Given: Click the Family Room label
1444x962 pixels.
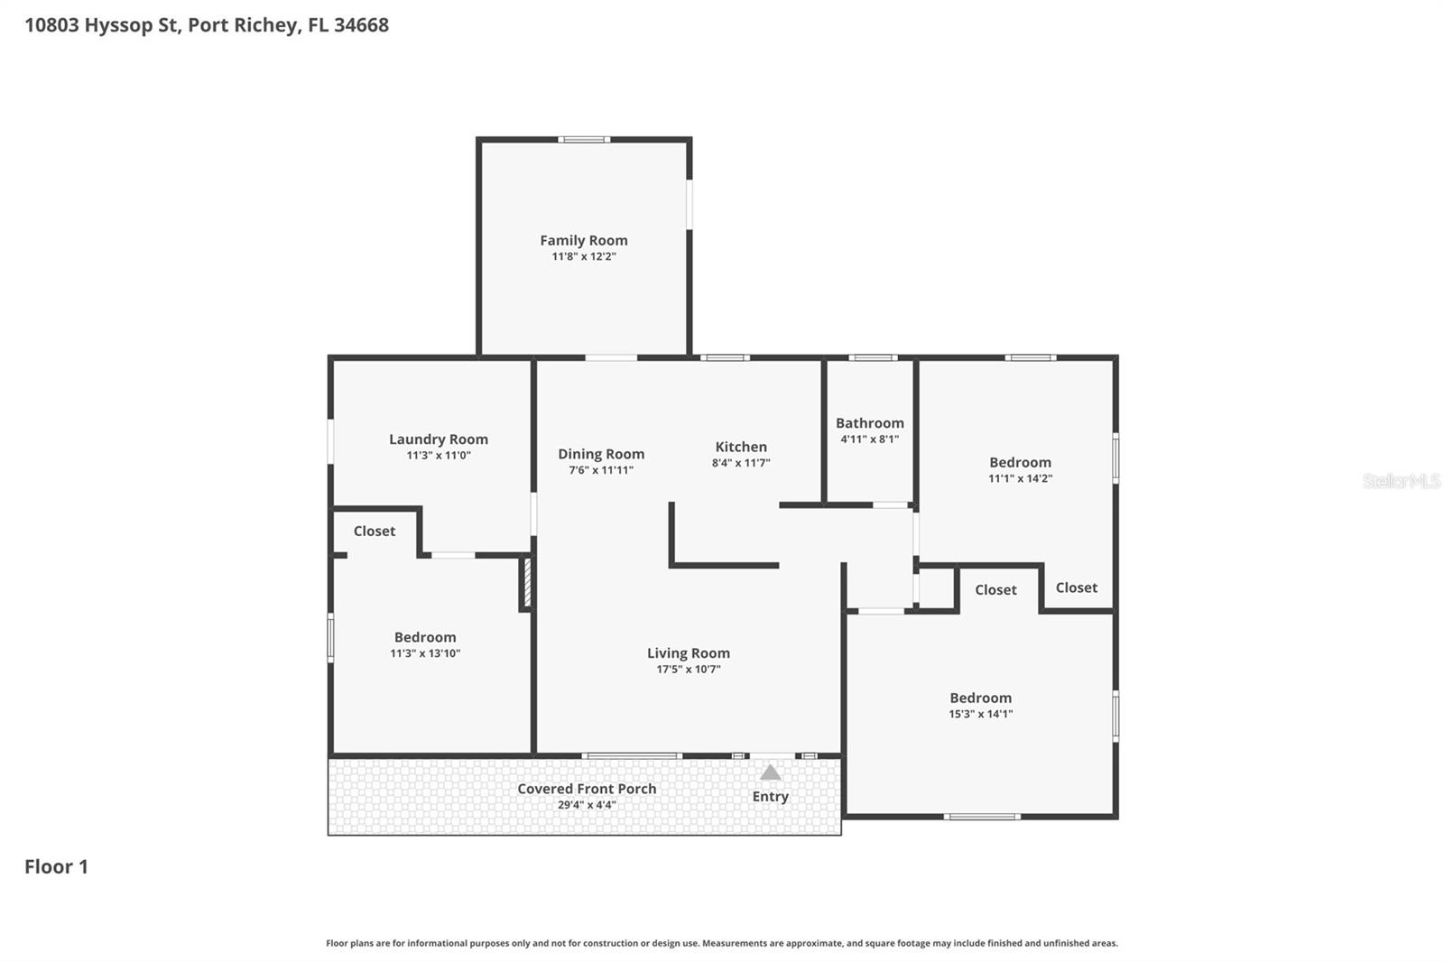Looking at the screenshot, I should coord(583,240).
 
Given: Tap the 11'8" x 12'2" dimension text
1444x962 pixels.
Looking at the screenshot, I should coord(583,256).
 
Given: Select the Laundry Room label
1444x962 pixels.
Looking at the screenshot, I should coord(438,439).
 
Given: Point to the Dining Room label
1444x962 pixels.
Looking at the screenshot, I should coord(600,454).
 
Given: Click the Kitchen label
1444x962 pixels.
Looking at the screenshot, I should coord(740,447).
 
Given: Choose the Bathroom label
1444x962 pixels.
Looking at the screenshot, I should coord(869,423).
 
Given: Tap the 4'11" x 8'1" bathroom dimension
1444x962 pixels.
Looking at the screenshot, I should coord(869,439).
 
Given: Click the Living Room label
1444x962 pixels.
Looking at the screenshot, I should coord(688,653).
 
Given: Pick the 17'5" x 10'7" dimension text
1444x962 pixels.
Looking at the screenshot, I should coord(688,670).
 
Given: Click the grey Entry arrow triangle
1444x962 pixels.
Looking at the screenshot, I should coord(770,773).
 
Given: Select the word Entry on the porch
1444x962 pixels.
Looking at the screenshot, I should coord(770,796).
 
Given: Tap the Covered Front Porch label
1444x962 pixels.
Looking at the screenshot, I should coord(587,789).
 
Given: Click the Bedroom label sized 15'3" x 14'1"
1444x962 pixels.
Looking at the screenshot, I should coord(980,698).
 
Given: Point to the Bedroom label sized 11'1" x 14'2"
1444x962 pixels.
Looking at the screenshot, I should coord(1020,462).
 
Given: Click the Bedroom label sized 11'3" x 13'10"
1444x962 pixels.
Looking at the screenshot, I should coord(424,637).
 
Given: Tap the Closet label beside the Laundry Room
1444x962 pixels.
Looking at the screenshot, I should coord(374,531).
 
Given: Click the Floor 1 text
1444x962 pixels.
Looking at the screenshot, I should coord(56,866).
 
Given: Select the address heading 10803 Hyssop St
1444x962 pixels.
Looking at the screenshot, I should coord(206,25).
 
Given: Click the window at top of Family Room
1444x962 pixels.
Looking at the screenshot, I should coord(583,140).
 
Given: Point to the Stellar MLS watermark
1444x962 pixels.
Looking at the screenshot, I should coord(1401,481).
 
